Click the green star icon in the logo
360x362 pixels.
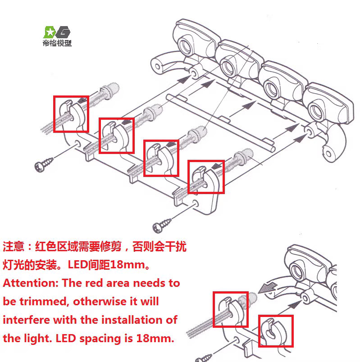[x=49, y=32]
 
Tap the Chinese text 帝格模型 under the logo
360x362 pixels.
[x=57, y=44]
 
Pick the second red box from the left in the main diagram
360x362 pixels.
[x=116, y=136]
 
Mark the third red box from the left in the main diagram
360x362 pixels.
[x=161, y=158]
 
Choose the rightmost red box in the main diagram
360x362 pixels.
[x=206, y=176]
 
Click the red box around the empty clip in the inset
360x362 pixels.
[x=275, y=330]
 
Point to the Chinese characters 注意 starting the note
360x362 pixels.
[x=13, y=246]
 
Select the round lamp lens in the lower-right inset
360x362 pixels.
[x=298, y=271]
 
